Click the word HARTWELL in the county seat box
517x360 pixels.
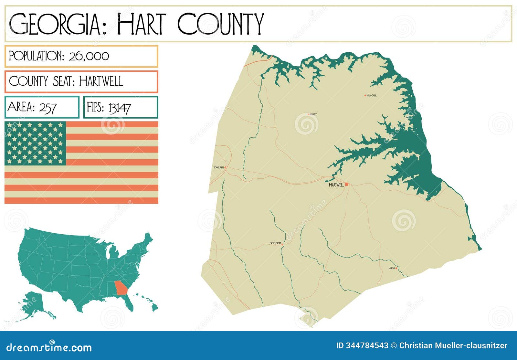101,81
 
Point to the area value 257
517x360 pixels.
48,107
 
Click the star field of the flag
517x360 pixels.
35,143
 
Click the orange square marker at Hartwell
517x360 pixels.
347,184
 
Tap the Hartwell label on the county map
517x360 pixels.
336,185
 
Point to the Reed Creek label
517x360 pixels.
372,96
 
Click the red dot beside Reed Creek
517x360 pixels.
365,96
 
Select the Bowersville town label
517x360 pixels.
218,167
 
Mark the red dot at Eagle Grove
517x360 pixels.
283,245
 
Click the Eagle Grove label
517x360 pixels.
275,243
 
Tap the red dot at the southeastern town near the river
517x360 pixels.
396,268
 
